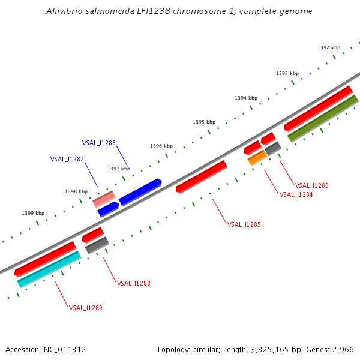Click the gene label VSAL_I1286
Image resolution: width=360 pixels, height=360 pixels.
[99, 143]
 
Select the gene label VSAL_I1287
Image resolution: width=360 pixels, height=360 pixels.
[67, 159]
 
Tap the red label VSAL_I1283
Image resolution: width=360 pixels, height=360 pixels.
[312, 185]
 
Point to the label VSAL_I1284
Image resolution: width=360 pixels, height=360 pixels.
[296, 194]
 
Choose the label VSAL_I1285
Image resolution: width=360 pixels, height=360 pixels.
[244, 224]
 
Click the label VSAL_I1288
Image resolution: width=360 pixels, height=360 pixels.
[133, 283]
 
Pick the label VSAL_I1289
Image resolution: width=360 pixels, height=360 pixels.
[85, 308]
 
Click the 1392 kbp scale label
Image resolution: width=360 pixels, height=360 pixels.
[329, 47]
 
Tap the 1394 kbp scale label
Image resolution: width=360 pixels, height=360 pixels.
[246, 98]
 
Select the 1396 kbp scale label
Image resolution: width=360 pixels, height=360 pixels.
[161, 146]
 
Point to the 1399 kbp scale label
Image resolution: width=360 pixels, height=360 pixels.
[33, 213]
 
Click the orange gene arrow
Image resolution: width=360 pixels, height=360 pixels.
[257, 158]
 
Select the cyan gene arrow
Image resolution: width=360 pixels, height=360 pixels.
[49, 269]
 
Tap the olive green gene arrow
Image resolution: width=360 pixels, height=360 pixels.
[323, 118]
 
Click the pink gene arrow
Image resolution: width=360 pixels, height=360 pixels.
[104, 199]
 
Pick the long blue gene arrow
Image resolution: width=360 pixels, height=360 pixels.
[140, 192]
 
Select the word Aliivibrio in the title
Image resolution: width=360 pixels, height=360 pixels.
[67, 11]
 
